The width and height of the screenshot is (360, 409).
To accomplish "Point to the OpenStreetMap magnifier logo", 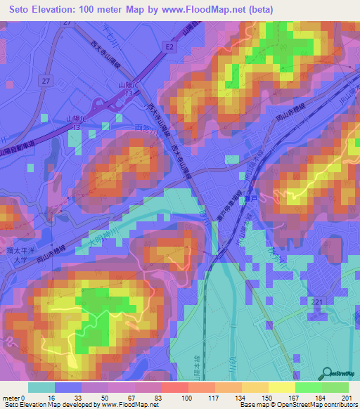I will [328, 372].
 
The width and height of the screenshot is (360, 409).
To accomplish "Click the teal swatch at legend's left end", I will [41, 387].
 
